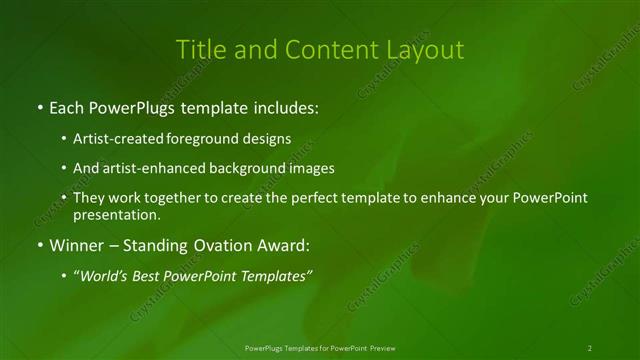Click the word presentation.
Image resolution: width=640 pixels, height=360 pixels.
pyautogui.click(x=115, y=214)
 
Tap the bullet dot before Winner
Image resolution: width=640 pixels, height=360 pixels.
pyautogui.click(x=39, y=245)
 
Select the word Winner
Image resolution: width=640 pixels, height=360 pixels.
pyautogui.click(x=75, y=245)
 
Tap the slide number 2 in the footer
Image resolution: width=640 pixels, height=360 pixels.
pyautogui.click(x=589, y=348)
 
